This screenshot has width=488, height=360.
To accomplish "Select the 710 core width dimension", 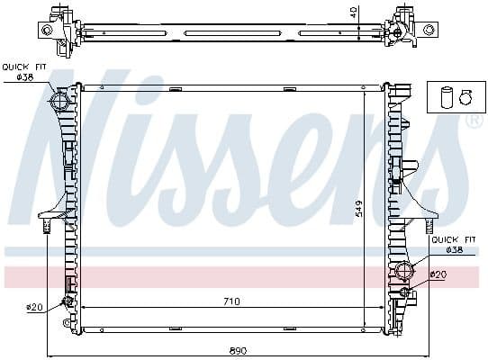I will pos(232,301).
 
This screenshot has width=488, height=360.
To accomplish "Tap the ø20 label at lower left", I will pos(34,308).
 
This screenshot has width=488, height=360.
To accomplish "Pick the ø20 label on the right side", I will pos(438,274).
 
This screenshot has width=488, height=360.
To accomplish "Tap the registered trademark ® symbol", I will pos(474,120).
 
